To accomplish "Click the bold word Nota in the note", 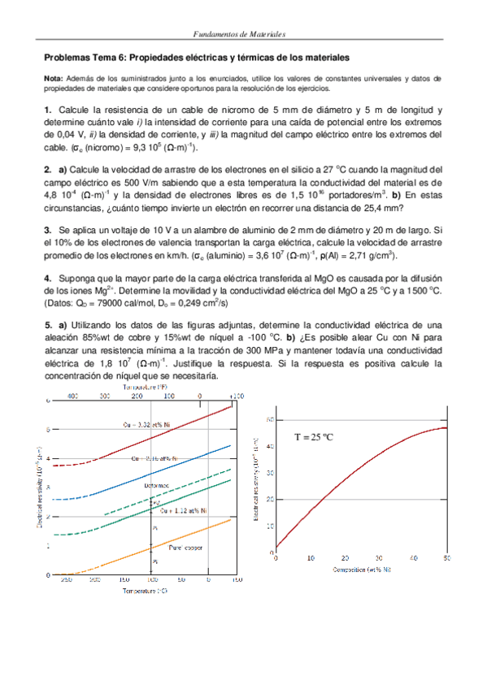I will coord(54,78).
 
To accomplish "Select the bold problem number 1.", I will coord(48,110).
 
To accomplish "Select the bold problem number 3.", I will coord(48,231).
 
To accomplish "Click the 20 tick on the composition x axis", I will coord(345,559).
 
